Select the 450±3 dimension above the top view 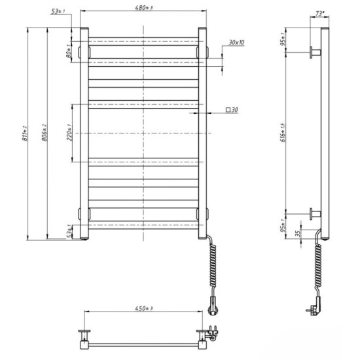[x=144, y=308]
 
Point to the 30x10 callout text [x=236, y=43]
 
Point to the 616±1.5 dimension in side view [x=282, y=133]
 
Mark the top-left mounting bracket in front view [x=83, y=50]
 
